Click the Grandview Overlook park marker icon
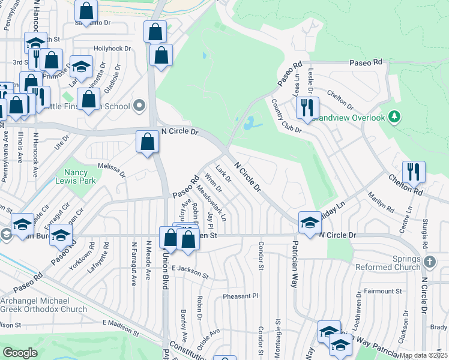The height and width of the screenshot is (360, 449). click(394, 116)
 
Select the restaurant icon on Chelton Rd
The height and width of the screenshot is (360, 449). click(414, 172)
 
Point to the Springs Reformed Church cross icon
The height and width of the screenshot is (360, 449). click(429, 262)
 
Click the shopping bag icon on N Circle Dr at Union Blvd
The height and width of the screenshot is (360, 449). click(148, 143)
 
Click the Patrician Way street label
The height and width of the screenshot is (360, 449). click(295, 265)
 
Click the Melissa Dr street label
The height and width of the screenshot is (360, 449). click(112, 170)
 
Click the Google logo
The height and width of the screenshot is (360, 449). click(20, 353)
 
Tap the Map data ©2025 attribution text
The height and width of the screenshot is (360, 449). click(423, 355)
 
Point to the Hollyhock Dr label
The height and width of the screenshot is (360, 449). click(108, 48)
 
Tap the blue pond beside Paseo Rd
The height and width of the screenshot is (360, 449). click(248, 124)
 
